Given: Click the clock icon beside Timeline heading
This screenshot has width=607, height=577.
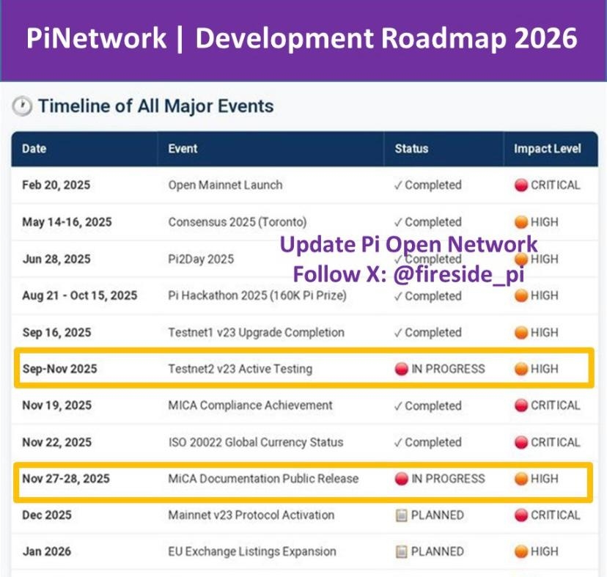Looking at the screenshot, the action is point(22,106).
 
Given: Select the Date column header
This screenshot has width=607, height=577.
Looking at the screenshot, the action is point(34,149).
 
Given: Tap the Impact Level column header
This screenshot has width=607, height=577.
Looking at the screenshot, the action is point(548,149).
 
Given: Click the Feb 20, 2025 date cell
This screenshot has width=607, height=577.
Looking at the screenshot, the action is point(56,185).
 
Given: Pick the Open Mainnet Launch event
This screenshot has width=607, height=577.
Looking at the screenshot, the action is point(225,185).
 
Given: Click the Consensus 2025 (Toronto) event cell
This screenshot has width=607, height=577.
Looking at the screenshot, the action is point(238,222).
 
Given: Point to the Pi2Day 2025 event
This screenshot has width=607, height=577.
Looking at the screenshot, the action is point(201,259).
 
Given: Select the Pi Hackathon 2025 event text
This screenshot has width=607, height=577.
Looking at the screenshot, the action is point(257,296).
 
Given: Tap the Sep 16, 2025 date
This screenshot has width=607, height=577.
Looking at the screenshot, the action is point(57,333).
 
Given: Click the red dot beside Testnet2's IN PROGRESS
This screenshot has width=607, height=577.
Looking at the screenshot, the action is point(402,369).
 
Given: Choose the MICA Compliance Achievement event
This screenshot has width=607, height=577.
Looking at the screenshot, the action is point(250,405).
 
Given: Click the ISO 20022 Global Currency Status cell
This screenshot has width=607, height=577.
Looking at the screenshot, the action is point(256,442).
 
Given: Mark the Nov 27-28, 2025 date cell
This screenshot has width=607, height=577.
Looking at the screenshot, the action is point(66,479).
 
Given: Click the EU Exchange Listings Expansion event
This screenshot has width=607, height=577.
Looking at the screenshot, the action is point(252,551).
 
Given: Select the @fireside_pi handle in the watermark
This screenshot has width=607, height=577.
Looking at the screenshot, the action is point(459,274).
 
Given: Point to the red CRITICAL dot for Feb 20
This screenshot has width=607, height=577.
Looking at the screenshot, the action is point(521,185).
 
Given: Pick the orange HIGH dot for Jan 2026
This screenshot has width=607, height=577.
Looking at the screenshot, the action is point(521,552).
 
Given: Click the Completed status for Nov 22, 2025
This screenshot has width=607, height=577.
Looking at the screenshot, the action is point(428,442).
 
